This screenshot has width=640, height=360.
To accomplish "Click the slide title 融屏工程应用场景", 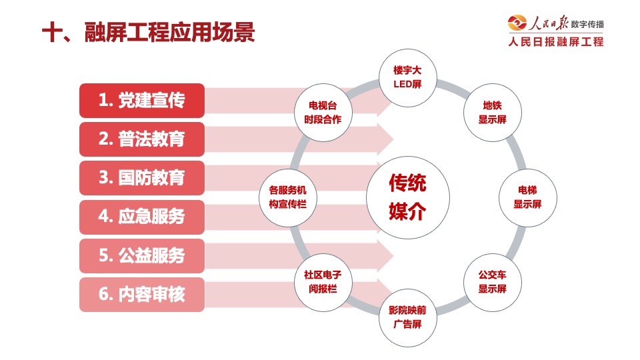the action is pos(169,32).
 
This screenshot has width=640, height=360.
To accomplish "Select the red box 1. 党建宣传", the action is pos(142,101).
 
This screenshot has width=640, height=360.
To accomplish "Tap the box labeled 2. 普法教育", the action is pos(142,139).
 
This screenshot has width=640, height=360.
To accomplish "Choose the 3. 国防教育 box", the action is pos(142,178).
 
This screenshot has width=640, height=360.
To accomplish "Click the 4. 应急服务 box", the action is pos(142,217).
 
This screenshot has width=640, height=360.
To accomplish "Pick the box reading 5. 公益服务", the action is pos(142,256).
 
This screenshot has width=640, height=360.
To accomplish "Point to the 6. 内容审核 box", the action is pos(142,295).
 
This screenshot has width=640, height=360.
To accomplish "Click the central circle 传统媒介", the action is pos(408,197).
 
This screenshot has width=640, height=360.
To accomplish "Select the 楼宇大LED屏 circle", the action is pos(408,77).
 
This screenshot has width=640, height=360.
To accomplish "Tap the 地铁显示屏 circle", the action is pos(493,113).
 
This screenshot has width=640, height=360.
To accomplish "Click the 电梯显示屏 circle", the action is pos(528,197).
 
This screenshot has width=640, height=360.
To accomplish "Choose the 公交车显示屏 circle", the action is pos(493,283).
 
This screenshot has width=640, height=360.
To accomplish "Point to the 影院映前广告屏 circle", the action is pos(408,317).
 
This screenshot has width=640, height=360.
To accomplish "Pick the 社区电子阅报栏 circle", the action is pos(323,283).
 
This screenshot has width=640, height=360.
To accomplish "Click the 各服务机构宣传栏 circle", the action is pos(288,197).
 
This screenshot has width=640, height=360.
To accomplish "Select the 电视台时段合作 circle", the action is pos(323,113).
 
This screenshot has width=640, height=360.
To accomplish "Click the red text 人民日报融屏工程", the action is pos(556,41).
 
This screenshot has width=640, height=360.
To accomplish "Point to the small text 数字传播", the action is pos(587,25).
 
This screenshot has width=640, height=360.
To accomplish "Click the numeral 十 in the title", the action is pos(52,32).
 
